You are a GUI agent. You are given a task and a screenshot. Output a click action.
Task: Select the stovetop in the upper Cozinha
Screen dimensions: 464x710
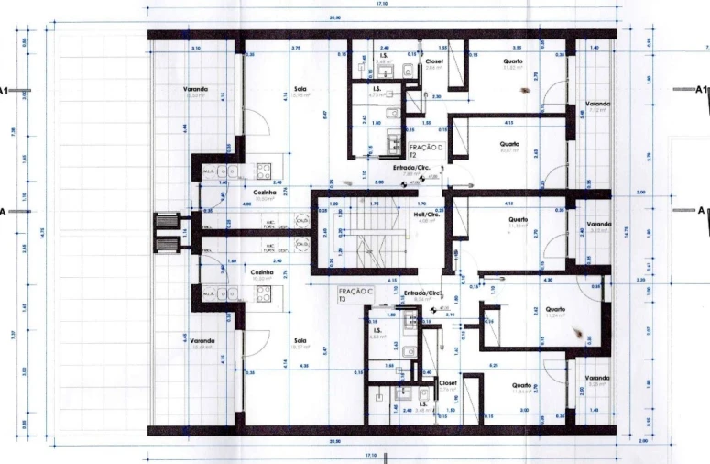pos(265,170)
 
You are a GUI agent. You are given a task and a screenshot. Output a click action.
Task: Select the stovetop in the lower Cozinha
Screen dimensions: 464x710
pos(265,293)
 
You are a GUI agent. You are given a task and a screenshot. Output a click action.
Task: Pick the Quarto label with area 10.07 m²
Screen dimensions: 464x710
pos(510,147)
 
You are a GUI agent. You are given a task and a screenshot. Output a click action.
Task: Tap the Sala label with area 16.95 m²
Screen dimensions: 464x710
pos(300,92)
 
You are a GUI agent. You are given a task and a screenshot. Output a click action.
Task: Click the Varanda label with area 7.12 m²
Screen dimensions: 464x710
pos(597,106)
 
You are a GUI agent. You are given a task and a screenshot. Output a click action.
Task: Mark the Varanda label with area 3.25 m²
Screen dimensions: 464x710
pos(597,381)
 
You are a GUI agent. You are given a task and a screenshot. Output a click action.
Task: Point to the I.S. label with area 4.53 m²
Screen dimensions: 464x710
pos(377,334)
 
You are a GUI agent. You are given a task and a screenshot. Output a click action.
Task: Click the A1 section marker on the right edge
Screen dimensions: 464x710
pos(701,90)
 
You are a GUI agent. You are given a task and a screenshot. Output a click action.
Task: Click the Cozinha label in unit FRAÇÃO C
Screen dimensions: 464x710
pos(263,274)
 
